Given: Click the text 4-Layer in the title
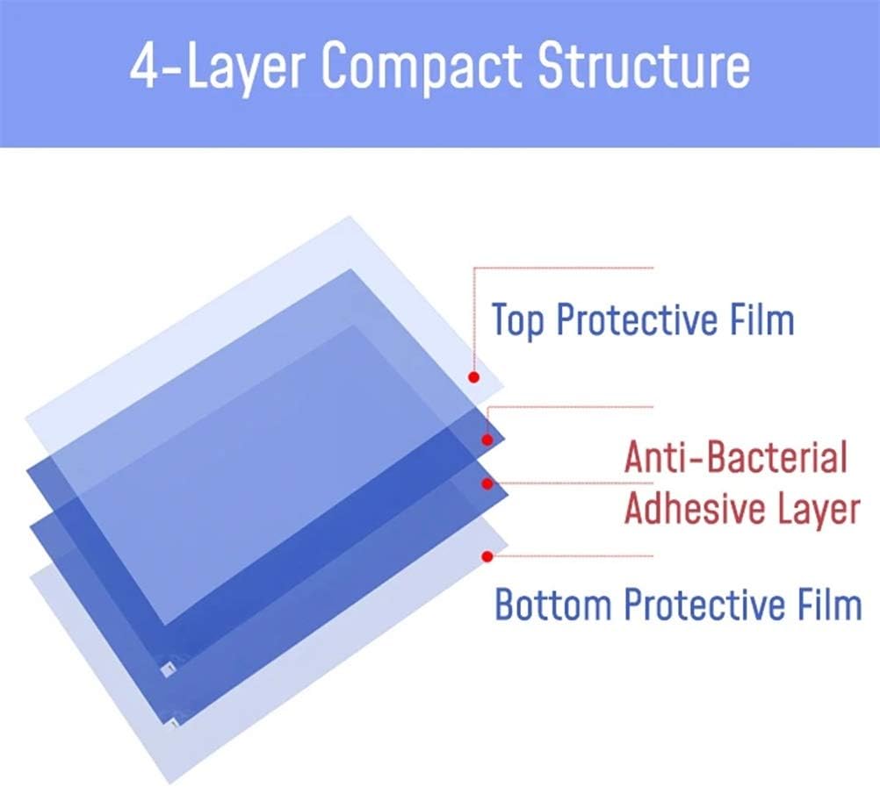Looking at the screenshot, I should tap(219, 69).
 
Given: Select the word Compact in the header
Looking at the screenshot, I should tap(420, 69).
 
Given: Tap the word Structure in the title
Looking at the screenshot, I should tap(644, 69).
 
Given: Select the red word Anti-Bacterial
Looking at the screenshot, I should tap(736, 458).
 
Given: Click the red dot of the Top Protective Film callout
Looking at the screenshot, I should tap(473, 377).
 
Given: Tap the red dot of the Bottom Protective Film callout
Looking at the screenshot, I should tap(487, 555).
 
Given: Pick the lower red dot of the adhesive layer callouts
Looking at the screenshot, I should tap(487, 483).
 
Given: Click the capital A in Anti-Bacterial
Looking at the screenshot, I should tap(637, 458).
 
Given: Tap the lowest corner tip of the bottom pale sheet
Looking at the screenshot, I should tap(170, 782).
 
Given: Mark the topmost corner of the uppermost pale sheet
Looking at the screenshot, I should tap(350, 216).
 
